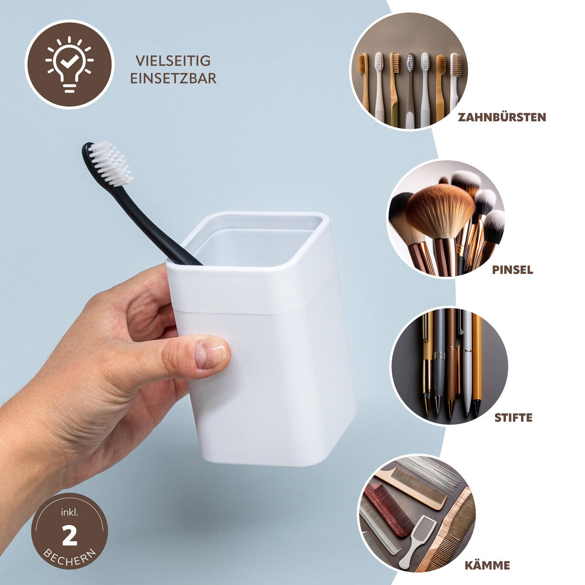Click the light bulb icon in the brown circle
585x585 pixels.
point(69,64)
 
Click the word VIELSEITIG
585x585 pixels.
point(173,61)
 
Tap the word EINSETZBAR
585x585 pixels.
point(173,78)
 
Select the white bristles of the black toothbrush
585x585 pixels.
point(113,163)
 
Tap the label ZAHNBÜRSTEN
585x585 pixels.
point(502,117)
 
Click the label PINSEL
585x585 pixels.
point(512,270)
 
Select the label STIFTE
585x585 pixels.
point(513,418)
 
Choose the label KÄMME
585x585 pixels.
point(487,565)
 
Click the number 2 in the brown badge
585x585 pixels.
point(69,536)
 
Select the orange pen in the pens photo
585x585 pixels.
point(476,361)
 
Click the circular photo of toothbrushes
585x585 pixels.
point(409,71)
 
